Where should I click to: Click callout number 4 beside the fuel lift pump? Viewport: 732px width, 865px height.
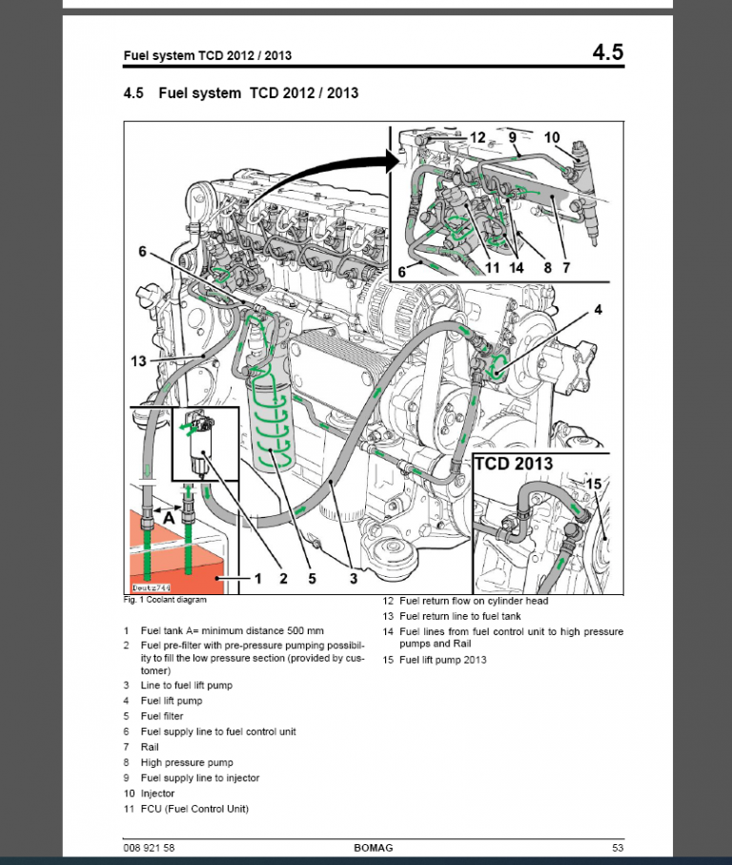coord(598,309)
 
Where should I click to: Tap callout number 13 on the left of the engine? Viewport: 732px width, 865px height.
coord(139,360)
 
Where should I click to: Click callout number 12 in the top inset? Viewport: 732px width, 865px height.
coord(478,137)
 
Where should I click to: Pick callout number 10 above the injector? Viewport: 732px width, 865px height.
coord(553,137)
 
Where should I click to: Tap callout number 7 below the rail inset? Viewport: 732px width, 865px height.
coord(566,268)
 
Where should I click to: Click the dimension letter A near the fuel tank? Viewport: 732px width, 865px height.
coord(168,515)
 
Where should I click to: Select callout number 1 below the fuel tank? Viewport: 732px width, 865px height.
coord(256,578)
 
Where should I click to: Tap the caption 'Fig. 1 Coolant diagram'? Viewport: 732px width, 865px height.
coord(165,600)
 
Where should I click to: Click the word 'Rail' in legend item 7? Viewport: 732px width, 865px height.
coord(150,747)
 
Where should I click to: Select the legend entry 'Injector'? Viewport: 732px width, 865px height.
coord(157,793)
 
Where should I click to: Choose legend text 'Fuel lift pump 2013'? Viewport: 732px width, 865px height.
coord(442,660)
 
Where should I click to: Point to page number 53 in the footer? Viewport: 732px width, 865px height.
coord(618,848)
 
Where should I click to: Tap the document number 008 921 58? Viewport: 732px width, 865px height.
coord(150,848)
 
